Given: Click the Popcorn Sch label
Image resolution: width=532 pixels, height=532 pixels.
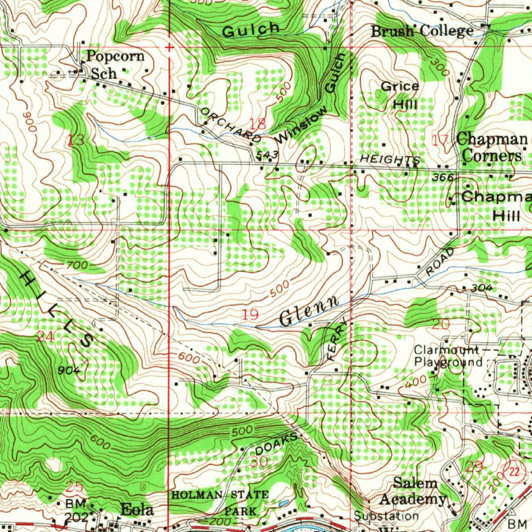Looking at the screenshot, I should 115,64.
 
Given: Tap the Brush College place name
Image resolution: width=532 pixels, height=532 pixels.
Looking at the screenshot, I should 422,31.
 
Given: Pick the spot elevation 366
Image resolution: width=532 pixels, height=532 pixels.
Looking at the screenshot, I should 443,178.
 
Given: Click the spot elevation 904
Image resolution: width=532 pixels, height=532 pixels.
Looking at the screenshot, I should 69,370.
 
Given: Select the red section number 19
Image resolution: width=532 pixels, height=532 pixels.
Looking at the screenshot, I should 250,314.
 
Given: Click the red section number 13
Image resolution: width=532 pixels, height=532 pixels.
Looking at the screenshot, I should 76,140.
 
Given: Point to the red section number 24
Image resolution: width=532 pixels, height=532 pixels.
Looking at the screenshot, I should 45,337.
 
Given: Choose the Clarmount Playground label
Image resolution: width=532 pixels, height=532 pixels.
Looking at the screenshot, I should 448,356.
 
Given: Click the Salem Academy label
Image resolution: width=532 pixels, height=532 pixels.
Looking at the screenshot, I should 413,491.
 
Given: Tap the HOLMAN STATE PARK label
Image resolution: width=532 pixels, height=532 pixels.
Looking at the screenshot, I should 220,502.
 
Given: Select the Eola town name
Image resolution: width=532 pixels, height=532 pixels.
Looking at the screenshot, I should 137,510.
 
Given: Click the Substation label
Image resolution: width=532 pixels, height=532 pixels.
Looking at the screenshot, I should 386,516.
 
